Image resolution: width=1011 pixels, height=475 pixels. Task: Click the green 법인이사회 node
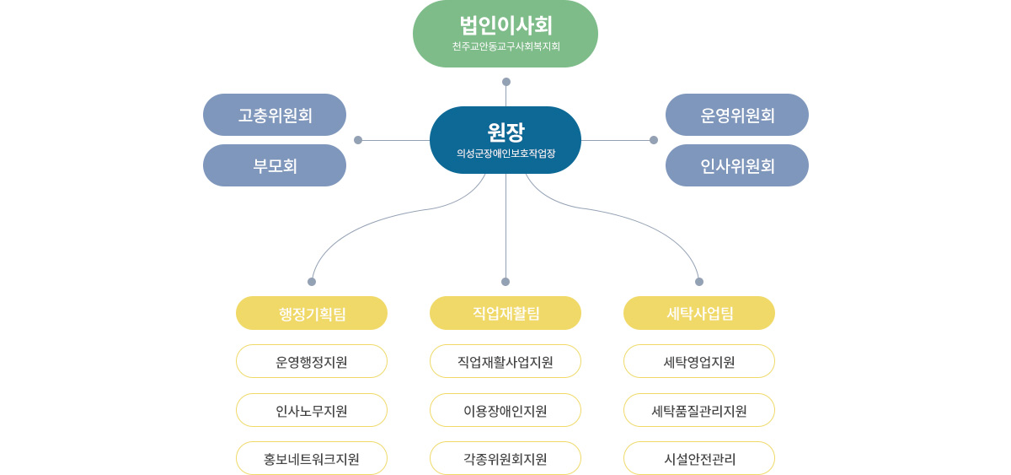[505, 34]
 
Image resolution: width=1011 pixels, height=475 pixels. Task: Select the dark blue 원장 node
[505, 140]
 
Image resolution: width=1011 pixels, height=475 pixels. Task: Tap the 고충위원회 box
[275, 115]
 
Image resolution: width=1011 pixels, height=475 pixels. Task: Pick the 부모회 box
[275, 165]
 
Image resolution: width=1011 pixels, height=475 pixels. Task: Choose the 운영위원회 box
[737, 115]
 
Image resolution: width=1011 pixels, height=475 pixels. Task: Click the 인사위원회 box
[737, 165]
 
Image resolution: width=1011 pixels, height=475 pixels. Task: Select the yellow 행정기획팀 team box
[312, 313]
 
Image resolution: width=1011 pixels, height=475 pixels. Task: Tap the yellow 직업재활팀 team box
[505, 313]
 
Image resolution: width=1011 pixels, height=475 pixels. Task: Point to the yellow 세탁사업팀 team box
[699, 313]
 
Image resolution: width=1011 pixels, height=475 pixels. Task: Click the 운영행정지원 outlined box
[312, 362]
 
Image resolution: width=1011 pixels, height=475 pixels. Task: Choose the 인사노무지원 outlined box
[312, 410]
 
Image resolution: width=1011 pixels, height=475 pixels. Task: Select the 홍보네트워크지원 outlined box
[312, 458]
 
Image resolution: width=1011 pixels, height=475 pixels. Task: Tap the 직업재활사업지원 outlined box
[505, 362]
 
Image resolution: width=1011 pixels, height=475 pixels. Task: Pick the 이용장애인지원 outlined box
[505, 410]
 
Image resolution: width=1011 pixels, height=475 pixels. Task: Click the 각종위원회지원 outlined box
[505, 458]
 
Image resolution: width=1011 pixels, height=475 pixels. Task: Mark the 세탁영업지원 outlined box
[699, 362]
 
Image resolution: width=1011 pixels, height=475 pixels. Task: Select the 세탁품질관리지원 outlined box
[699, 410]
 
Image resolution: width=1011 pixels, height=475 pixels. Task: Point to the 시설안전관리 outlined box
[699, 458]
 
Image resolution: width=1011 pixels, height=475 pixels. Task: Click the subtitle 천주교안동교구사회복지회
[506, 46]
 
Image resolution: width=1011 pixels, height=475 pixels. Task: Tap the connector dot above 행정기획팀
[312, 282]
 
